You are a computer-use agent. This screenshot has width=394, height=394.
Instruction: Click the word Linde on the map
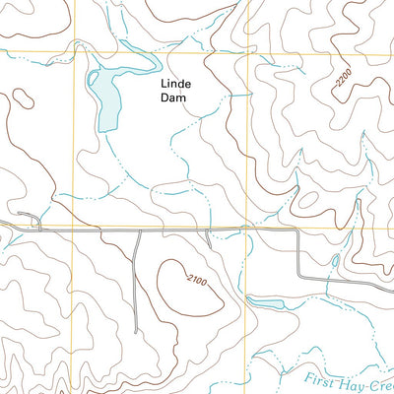click(178, 85)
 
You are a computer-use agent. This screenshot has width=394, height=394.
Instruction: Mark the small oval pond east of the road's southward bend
click(336, 262)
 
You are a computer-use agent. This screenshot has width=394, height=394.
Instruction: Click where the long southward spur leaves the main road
click(137, 231)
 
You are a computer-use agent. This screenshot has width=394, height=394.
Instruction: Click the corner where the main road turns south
click(298, 232)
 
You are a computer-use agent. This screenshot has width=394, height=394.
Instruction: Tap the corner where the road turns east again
click(300, 279)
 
